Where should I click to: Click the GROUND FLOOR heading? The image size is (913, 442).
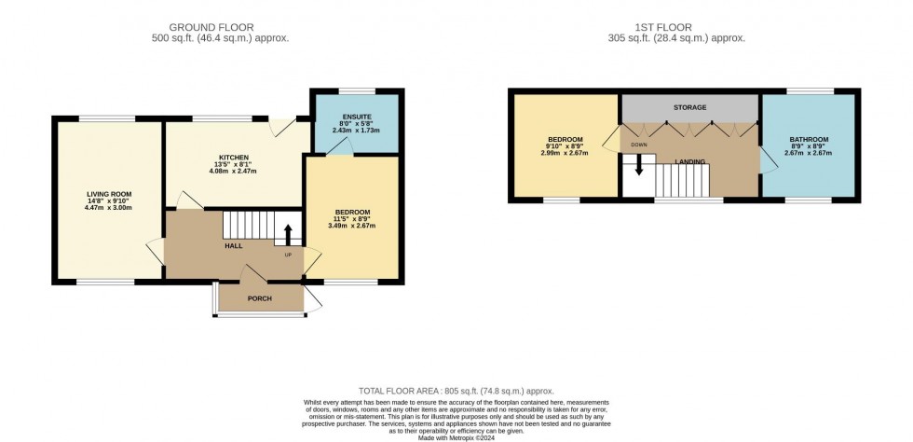click(x=220, y=27)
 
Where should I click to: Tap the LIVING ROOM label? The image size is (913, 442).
click(x=109, y=194)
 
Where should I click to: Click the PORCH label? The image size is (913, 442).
click(x=259, y=298)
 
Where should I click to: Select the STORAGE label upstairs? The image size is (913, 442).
click(x=690, y=108)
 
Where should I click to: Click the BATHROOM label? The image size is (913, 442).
click(x=809, y=140)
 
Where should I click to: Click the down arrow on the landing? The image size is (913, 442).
click(x=639, y=165)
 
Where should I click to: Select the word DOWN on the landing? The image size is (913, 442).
click(x=639, y=145)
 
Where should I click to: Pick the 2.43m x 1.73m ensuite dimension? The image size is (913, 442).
click(x=354, y=129)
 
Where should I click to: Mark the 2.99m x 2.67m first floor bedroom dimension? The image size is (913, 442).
click(x=566, y=153)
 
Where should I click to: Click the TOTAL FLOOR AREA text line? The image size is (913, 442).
click(x=456, y=391)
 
